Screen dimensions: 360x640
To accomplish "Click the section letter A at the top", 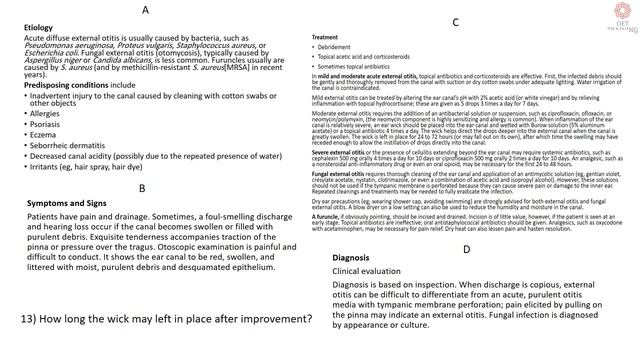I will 145,9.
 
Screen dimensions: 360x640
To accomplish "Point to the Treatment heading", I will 327,36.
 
